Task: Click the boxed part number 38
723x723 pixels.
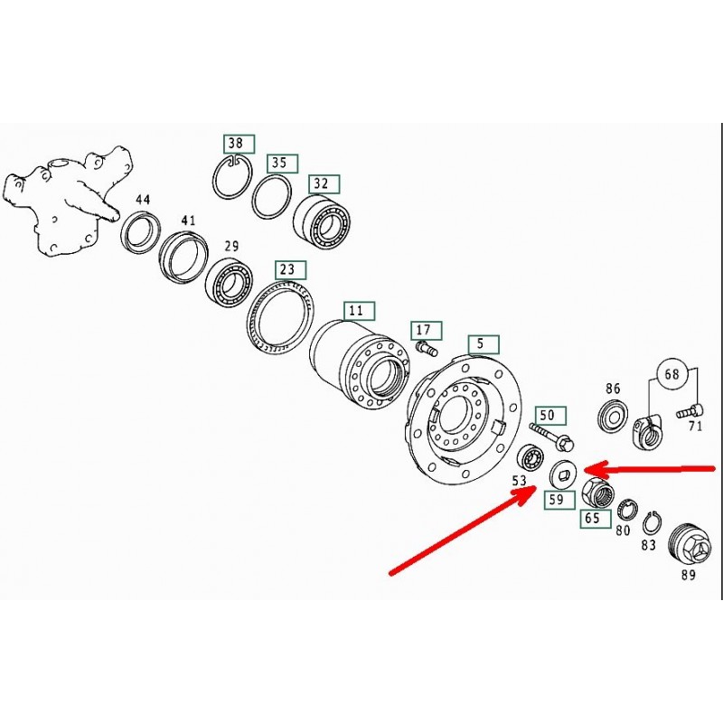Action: point(239,144)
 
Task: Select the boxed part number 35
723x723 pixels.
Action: point(283,164)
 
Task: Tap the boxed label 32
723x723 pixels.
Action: point(324,184)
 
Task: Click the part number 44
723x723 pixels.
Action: point(143,200)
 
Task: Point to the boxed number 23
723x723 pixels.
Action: point(290,270)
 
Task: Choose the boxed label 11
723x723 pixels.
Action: point(360,311)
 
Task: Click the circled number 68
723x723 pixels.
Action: point(671,373)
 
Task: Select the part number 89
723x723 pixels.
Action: point(688,575)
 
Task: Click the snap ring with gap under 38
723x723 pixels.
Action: point(234,177)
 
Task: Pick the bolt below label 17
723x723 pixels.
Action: point(427,348)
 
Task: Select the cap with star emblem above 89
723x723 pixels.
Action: point(687,546)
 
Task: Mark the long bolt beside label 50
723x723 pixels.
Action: point(552,437)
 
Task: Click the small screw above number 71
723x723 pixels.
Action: point(689,410)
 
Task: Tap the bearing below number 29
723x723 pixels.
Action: point(229,281)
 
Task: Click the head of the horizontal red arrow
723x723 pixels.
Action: point(585,469)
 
